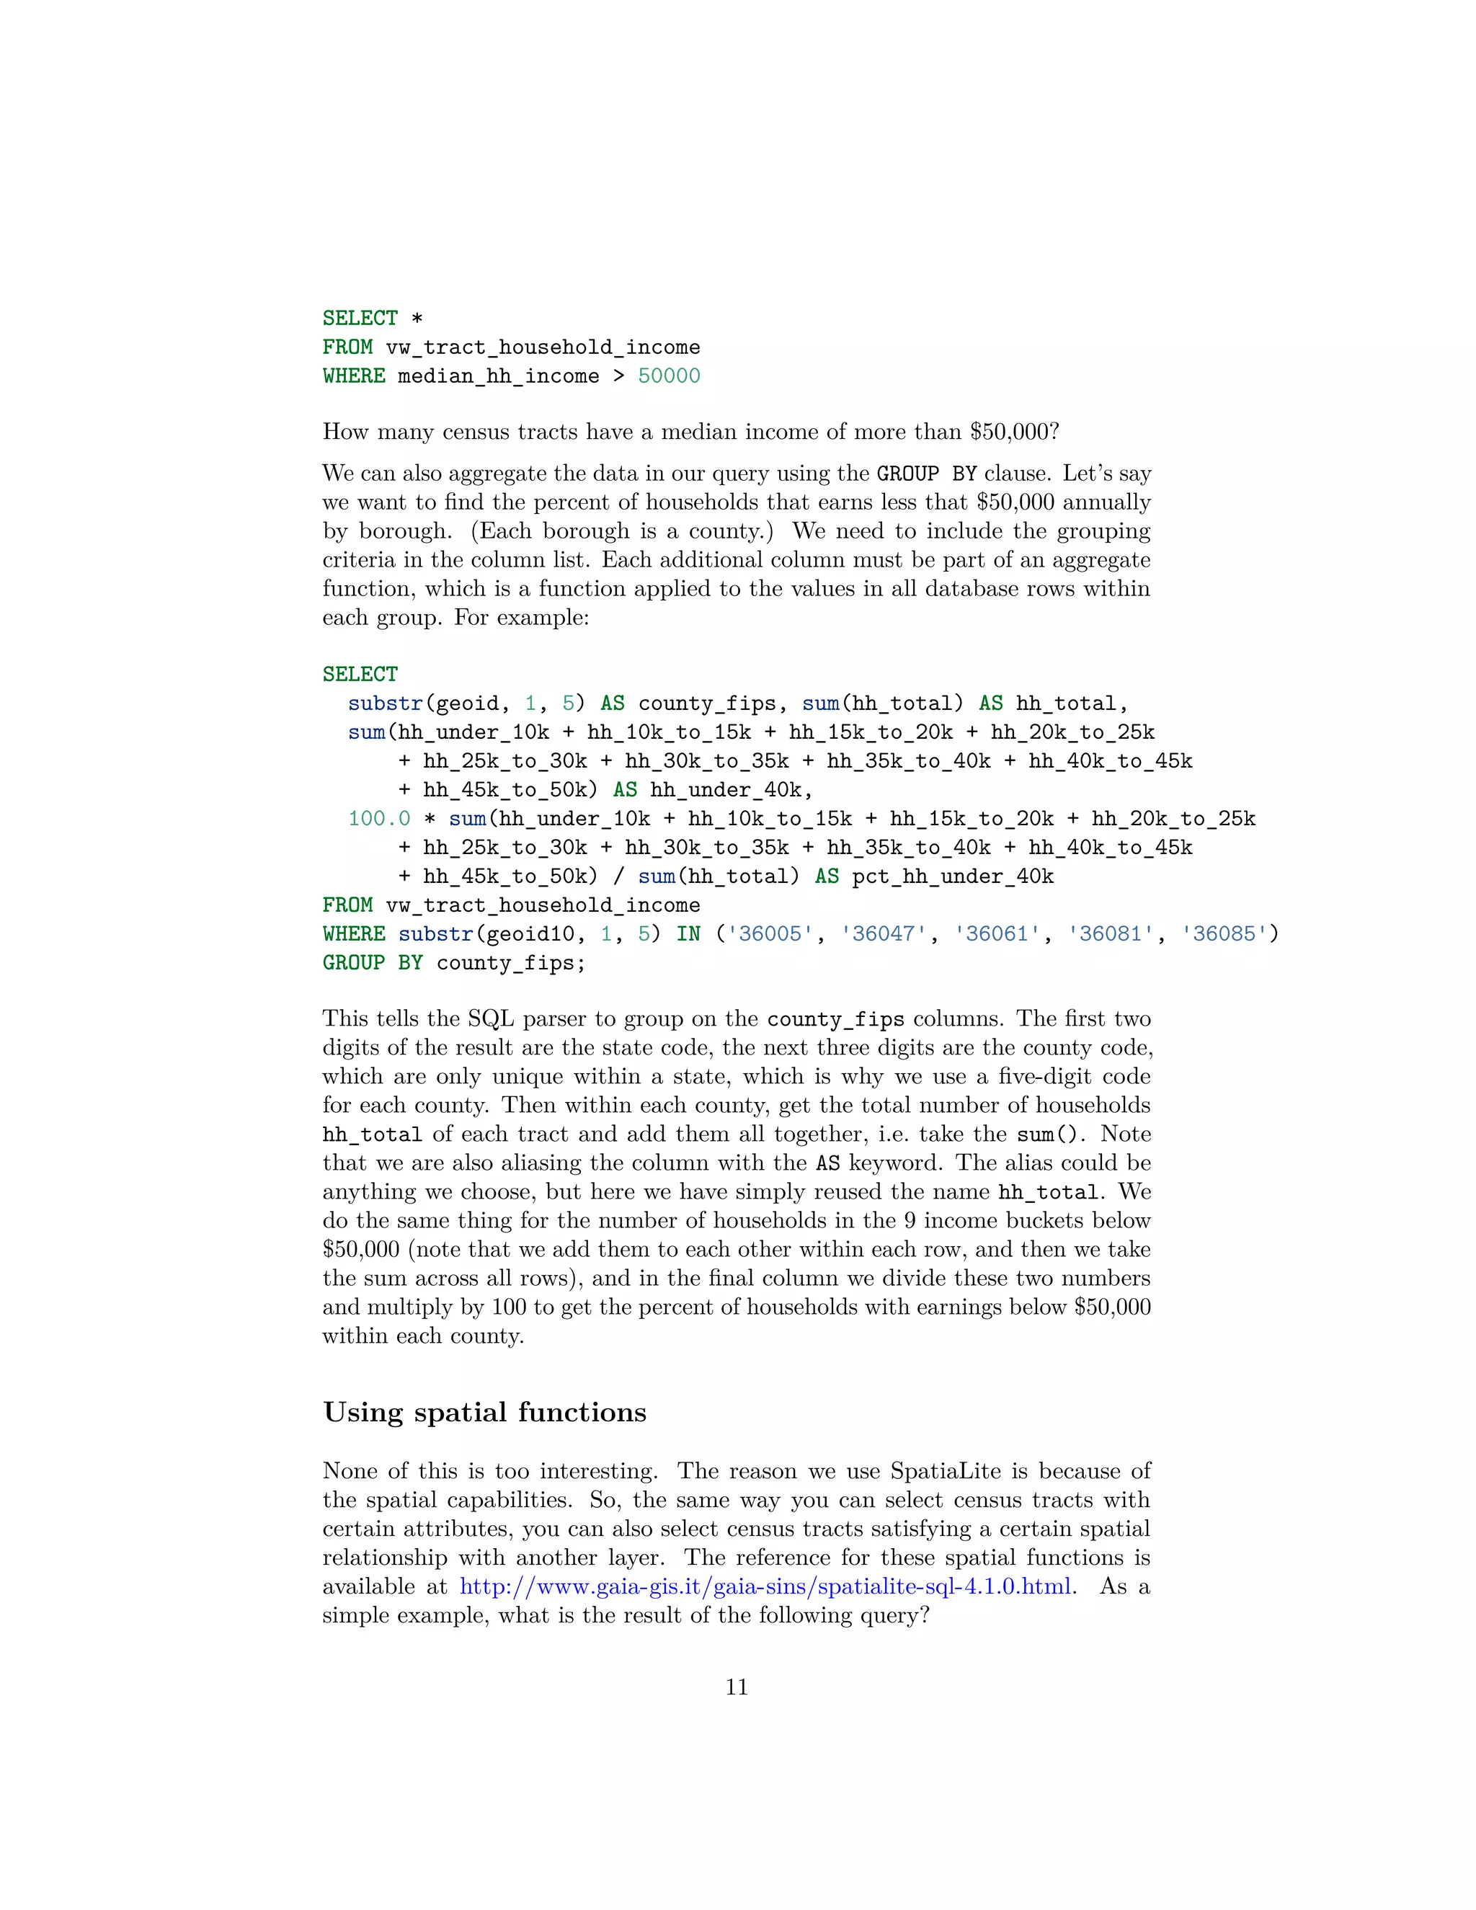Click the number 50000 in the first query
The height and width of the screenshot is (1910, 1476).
[x=669, y=376]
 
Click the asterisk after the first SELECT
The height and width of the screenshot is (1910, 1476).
[x=417, y=319]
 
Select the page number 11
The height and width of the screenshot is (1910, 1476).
[x=737, y=1687]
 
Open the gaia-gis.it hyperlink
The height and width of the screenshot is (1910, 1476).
[x=765, y=1586]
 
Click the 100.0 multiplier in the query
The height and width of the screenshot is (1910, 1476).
[x=380, y=819]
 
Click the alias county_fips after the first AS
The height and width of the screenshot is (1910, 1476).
[x=706, y=703]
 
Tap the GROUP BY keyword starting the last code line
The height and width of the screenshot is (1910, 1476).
[x=373, y=963]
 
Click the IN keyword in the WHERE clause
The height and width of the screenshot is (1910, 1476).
[x=688, y=934]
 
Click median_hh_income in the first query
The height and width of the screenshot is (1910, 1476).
[x=499, y=376]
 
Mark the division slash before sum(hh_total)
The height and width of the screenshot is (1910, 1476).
[x=619, y=876]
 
